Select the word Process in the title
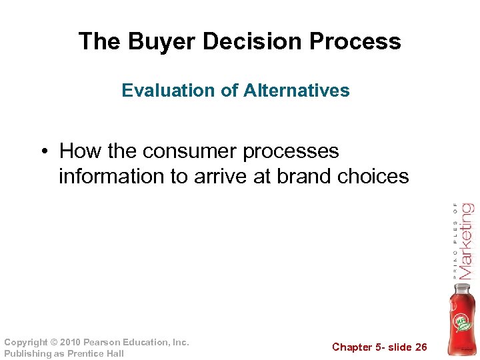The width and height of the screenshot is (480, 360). click(358, 41)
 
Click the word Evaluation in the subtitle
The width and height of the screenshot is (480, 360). click(162, 91)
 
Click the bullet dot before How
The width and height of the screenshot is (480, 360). click(43, 152)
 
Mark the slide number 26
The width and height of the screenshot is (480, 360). click(420, 347)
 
